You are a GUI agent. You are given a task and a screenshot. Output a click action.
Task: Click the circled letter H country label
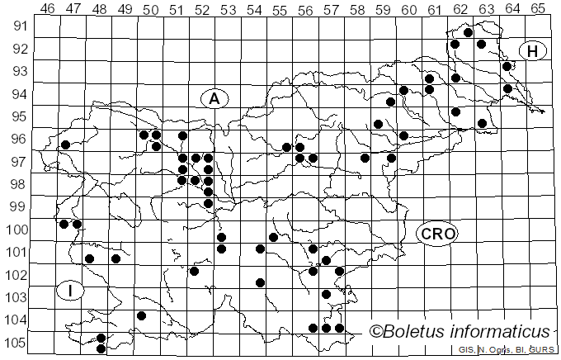(533, 51)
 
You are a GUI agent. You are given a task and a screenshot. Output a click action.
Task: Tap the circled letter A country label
(214, 98)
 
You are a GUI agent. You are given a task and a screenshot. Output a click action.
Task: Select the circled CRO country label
(437, 234)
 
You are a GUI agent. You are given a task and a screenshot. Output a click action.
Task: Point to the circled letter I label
(71, 291)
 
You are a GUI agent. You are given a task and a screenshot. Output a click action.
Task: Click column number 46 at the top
(47, 8)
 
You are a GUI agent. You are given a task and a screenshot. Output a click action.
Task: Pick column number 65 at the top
(537, 8)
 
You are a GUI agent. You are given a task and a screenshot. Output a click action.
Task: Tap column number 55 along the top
(279, 8)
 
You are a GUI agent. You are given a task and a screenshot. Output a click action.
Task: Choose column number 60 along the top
(408, 8)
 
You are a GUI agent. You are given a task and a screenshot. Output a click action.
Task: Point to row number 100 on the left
(17, 230)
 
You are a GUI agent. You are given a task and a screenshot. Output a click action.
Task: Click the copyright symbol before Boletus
(376, 332)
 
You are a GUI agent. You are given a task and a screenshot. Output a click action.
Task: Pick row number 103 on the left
(17, 297)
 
